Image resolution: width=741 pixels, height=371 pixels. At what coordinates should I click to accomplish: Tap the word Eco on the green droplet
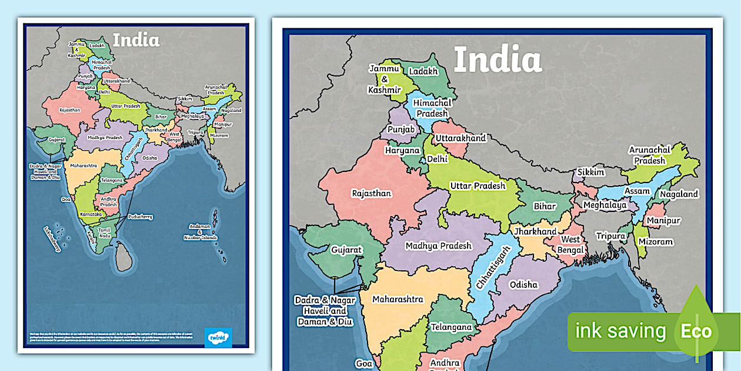(x=696, y=331)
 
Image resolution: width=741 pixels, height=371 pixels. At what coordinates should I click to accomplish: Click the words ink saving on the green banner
(x=620, y=331)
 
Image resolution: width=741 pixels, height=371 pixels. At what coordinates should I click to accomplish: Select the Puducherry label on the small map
(x=140, y=217)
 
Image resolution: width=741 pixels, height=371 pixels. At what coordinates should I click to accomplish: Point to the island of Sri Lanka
(x=123, y=258)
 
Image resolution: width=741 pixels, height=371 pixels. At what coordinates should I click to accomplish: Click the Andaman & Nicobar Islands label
(x=203, y=232)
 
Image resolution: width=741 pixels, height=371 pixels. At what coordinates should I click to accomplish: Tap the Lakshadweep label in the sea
(x=52, y=239)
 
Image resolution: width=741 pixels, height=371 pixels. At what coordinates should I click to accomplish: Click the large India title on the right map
(x=498, y=59)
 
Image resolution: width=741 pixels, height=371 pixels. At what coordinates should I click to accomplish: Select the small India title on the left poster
(x=136, y=40)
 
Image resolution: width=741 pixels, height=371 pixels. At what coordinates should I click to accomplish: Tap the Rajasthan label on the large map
(x=371, y=193)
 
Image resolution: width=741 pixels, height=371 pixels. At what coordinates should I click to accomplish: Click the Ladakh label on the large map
(x=423, y=71)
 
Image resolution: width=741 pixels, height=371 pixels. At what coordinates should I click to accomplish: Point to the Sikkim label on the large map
(x=590, y=172)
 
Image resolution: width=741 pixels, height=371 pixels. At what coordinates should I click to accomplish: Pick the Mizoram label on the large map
(x=656, y=241)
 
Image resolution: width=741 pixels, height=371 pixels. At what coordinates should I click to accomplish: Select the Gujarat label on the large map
(x=346, y=250)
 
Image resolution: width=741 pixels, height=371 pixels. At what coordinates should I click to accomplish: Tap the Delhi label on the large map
(x=437, y=158)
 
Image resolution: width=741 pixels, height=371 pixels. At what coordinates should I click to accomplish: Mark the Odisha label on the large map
(x=523, y=284)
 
